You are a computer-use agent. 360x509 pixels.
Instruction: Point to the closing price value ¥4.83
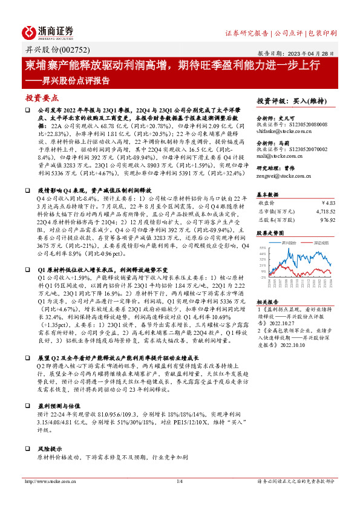[326, 203]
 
